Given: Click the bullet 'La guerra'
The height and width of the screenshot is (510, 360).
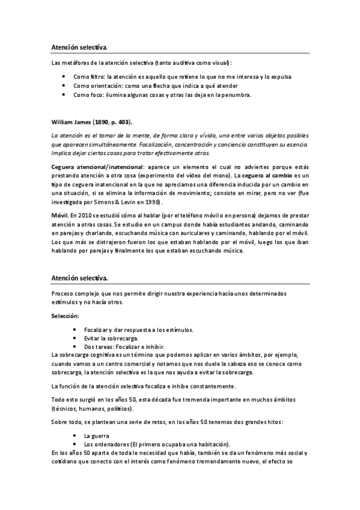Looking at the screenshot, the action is click(98, 434).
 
